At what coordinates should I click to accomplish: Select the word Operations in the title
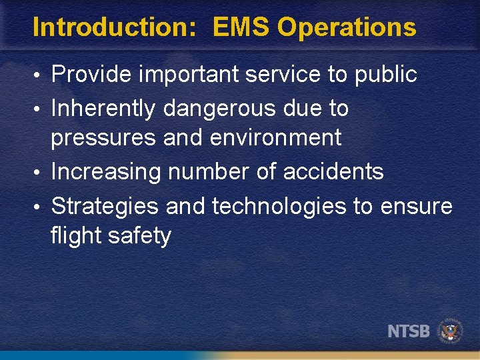(x=347, y=27)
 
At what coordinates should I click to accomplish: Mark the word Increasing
(x=106, y=172)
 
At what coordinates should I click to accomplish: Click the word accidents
(x=333, y=171)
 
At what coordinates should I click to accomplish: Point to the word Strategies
(x=105, y=206)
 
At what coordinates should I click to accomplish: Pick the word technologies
(x=279, y=207)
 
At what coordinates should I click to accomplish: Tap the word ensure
(x=416, y=207)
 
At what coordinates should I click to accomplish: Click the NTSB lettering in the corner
(x=409, y=331)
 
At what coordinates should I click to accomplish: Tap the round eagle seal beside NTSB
(x=450, y=331)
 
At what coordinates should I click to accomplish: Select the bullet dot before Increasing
(x=41, y=173)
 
